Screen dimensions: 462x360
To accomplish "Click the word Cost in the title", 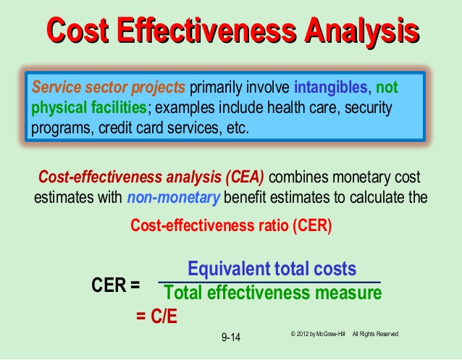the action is coord(77,30).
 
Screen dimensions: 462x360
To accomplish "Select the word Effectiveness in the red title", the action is coord(206,30).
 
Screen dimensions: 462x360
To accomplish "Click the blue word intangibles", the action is coord(331,87).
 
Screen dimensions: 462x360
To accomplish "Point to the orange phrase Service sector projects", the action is coord(109,88).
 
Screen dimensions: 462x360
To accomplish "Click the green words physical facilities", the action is coord(89,108).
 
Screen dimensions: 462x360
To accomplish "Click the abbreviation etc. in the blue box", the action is coord(238,128).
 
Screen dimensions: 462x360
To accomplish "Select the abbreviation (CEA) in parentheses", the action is coord(245,177).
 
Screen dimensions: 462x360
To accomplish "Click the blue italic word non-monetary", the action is coord(174,198).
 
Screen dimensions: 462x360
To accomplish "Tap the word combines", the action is coord(298,177).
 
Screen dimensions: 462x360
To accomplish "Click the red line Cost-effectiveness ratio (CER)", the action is coord(231,225).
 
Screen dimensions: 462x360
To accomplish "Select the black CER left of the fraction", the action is coord(109,285).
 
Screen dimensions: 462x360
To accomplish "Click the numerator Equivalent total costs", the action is coord(272,269).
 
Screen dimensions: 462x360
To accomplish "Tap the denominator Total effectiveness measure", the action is coord(272,293).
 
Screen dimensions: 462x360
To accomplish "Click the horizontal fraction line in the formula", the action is coord(269,282).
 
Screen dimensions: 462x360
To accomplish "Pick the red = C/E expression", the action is coord(156,317).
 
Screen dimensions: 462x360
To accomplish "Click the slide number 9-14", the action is coord(231,338).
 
